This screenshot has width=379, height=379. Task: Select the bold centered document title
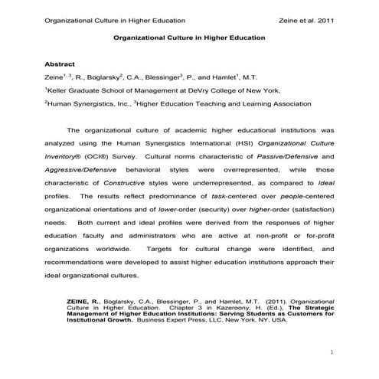click(189, 37)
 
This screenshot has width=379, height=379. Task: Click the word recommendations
click(80, 261)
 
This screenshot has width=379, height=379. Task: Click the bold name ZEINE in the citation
click(80, 291)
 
